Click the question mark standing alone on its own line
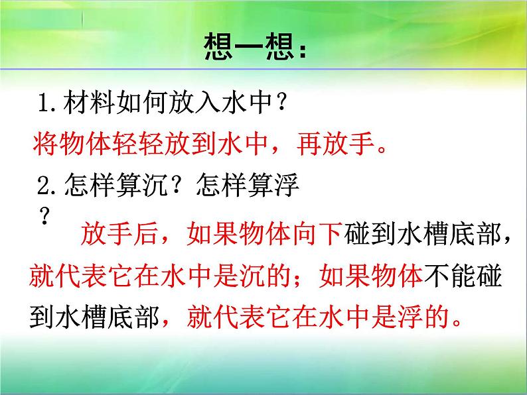(46, 215)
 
